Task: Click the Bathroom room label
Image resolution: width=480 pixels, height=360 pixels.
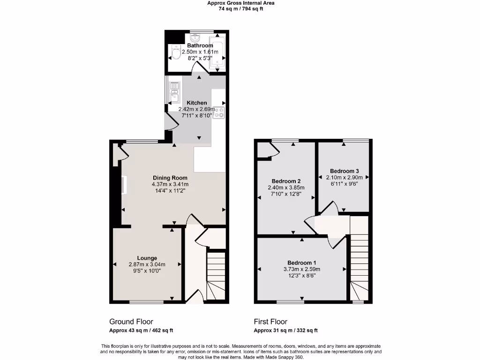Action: tap(196, 45)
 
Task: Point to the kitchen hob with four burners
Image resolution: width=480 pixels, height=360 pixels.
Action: tap(219, 112)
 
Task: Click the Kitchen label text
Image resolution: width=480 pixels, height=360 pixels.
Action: tap(196, 103)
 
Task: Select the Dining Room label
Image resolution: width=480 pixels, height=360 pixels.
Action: tap(170, 178)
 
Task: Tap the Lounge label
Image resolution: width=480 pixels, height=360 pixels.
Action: tap(147, 258)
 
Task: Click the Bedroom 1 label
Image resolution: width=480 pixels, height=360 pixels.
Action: tap(302, 262)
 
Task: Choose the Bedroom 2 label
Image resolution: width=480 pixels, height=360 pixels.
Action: tap(286, 181)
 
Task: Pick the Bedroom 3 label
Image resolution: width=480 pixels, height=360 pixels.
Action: tap(344, 171)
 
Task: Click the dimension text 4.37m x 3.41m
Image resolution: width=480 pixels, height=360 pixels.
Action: tap(170, 184)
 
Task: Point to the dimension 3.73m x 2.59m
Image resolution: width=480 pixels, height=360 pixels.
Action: tap(302, 269)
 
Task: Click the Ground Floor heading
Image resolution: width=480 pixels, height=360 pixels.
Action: tap(127, 322)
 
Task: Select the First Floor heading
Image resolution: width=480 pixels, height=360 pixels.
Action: tap(270, 322)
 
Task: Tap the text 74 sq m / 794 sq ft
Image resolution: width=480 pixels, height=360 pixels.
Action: tap(241, 8)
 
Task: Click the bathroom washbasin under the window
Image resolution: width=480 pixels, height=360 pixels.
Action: tap(195, 37)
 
